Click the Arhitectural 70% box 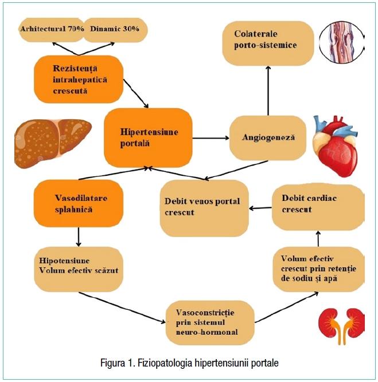pyautogui.click(x=52, y=29)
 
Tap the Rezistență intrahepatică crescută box pyautogui.click(x=79, y=79)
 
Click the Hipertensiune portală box pyautogui.click(x=148, y=137)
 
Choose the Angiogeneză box pyautogui.click(x=267, y=137)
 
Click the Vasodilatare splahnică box pyautogui.click(x=79, y=203)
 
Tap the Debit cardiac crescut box pyautogui.click(x=317, y=203)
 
